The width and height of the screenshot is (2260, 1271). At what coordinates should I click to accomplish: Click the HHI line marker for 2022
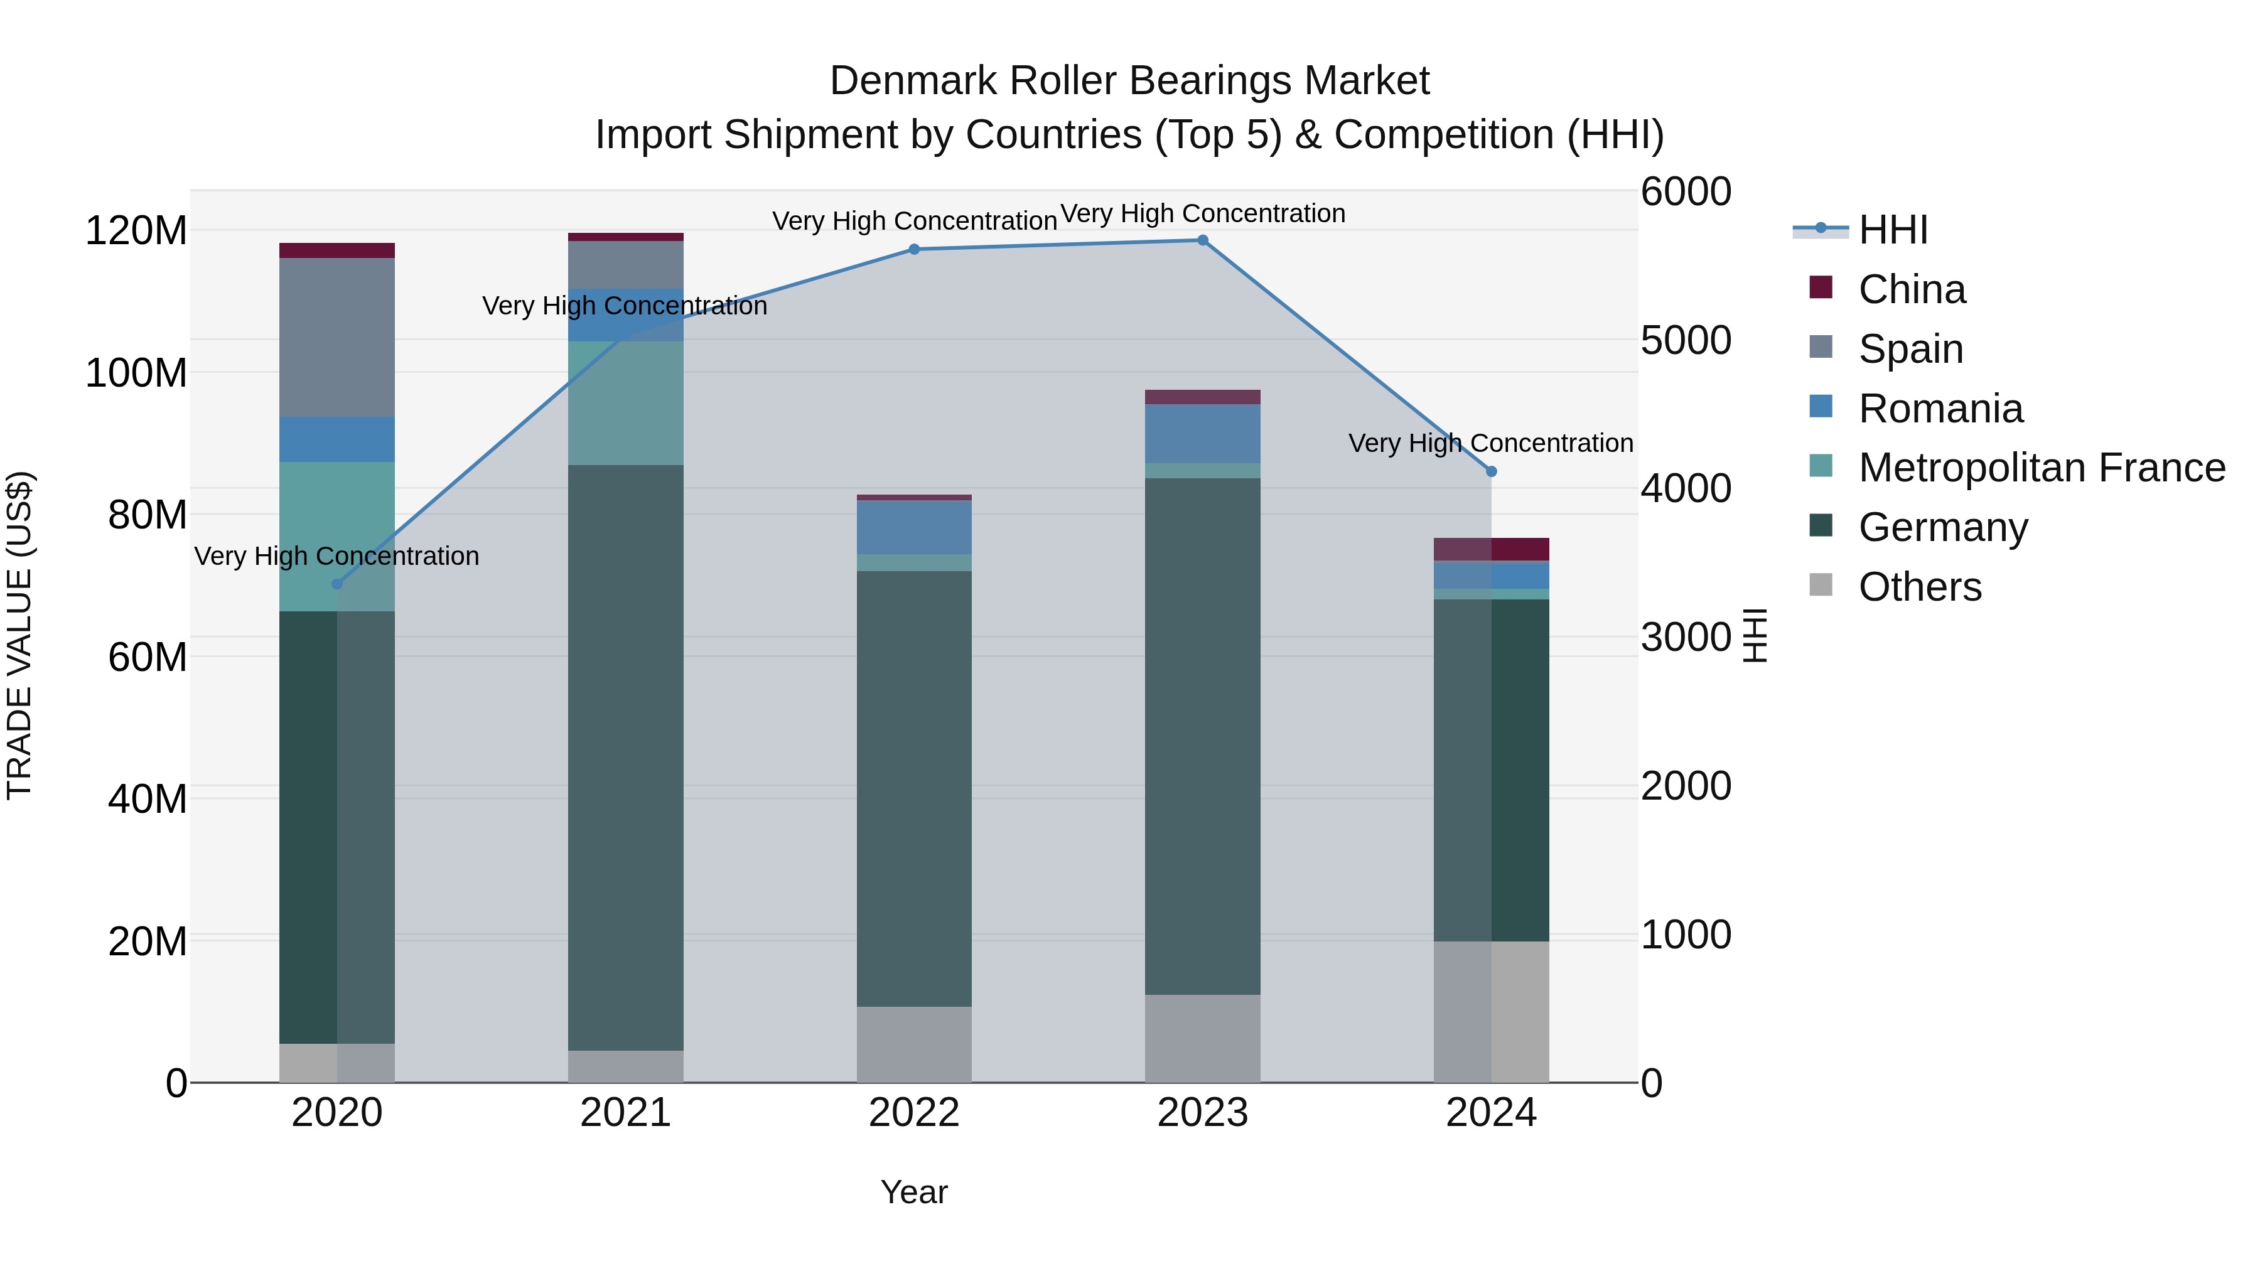click(x=913, y=249)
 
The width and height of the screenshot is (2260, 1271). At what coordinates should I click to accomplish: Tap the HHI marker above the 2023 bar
click(x=1202, y=240)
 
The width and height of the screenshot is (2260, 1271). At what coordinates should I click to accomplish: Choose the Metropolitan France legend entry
click(x=2041, y=468)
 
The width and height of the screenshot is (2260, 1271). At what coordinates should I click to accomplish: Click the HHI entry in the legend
click(x=1892, y=230)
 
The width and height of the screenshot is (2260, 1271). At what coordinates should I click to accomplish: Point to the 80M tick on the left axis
click(x=148, y=515)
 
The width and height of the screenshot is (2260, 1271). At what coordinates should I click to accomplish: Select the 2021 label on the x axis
click(x=625, y=1113)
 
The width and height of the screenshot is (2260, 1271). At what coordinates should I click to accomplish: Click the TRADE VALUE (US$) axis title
click(x=19, y=635)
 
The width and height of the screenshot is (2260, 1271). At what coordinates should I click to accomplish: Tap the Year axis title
click(x=913, y=1192)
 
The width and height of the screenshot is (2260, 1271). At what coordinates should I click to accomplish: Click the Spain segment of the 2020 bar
click(x=337, y=337)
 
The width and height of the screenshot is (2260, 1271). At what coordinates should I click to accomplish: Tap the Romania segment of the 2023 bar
click(x=1202, y=433)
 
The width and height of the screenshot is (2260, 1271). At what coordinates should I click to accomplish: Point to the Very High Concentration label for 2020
click(x=337, y=556)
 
